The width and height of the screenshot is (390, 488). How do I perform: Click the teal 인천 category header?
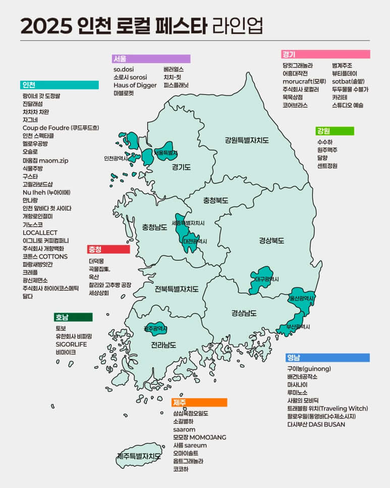60,85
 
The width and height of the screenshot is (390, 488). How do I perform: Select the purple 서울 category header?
151,59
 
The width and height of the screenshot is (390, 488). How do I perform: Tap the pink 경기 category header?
325,54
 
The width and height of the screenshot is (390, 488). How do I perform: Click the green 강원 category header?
335,131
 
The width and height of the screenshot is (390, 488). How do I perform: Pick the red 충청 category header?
108,249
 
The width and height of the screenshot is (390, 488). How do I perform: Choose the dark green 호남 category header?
73,317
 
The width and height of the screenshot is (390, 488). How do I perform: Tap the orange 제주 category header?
199,403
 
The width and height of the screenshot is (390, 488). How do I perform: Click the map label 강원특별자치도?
247,140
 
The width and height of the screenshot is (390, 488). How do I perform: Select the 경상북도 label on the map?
271,240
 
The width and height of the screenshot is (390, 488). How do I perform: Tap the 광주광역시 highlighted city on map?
155,328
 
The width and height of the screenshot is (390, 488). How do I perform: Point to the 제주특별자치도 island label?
139,456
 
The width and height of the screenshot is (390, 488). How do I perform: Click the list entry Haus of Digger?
135,85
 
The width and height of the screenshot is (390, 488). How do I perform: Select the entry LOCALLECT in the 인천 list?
40,232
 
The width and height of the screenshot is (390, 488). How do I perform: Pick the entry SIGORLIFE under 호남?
71,344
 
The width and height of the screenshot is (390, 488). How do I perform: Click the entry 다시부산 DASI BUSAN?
316,424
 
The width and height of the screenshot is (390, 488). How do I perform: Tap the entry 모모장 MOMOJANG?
199,437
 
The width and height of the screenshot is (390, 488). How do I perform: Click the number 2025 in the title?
46,25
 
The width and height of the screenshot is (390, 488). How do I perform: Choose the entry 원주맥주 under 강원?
327,150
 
